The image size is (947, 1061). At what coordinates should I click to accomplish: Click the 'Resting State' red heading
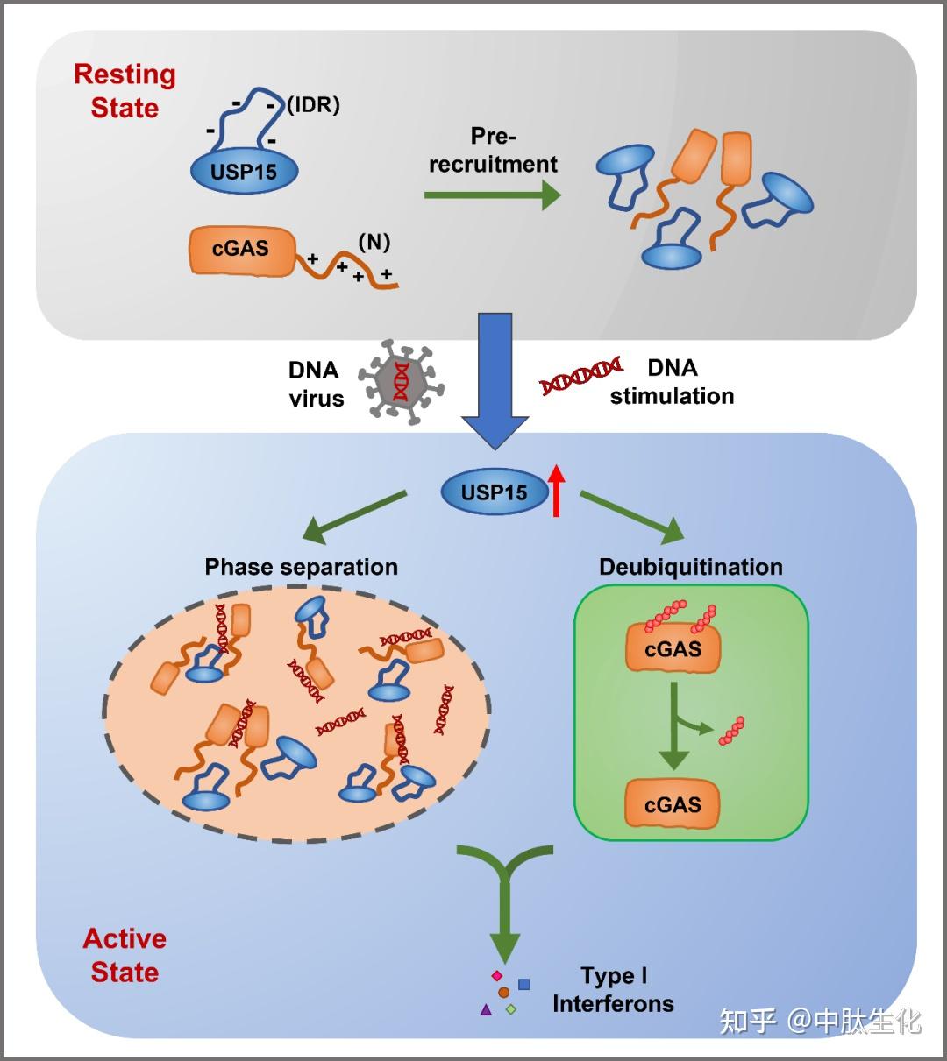[125, 91]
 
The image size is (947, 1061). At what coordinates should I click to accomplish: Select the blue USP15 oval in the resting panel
[244, 171]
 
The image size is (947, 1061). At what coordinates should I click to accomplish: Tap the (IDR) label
[313, 105]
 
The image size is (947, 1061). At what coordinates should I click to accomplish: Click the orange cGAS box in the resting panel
[241, 249]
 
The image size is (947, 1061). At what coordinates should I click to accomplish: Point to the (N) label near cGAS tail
[374, 242]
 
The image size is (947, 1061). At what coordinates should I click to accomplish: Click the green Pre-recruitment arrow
[492, 195]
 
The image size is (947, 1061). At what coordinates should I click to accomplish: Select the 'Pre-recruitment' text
[493, 150]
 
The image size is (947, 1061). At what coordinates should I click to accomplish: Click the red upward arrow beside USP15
[557, 490]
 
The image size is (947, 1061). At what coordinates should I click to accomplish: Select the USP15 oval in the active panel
[495, 492]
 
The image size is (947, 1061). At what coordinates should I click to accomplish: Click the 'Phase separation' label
[301, 567]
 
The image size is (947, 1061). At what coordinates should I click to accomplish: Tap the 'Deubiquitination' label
[691, 567]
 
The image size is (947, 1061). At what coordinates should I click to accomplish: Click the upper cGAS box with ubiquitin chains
[673, 649]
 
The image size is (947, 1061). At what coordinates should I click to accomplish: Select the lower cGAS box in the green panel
[673, 803]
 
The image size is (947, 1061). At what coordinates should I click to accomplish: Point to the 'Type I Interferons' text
[613, 990]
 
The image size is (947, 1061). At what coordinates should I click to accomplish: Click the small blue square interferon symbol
[524, 984]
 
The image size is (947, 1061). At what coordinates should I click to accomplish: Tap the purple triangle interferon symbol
[486, 1009]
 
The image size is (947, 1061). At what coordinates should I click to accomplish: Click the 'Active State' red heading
[125, 955]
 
